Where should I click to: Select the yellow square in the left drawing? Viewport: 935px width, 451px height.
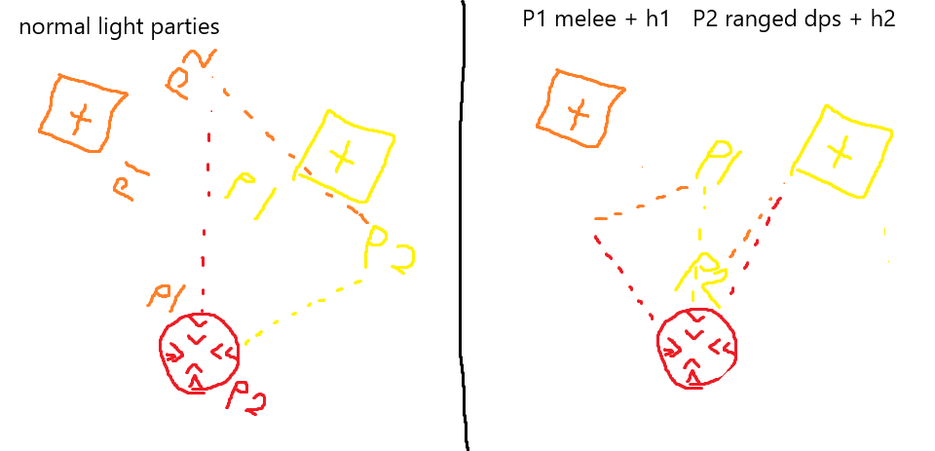tap(346, 154)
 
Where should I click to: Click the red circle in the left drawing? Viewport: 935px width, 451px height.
tap(200, 351)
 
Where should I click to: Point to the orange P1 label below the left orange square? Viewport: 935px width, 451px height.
tap(130, 183)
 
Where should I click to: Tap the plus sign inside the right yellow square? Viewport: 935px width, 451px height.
tap(842, 150)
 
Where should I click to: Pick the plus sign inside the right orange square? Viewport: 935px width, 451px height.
tap(580, 113)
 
